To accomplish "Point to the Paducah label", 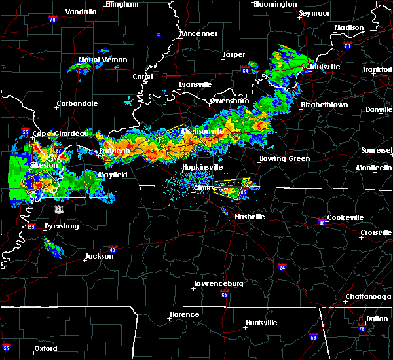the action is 113,150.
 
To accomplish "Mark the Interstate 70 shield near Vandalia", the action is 52,20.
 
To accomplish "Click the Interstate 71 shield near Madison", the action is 348,46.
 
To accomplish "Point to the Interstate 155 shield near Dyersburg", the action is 31,227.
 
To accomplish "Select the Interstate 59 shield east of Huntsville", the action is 313,336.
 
